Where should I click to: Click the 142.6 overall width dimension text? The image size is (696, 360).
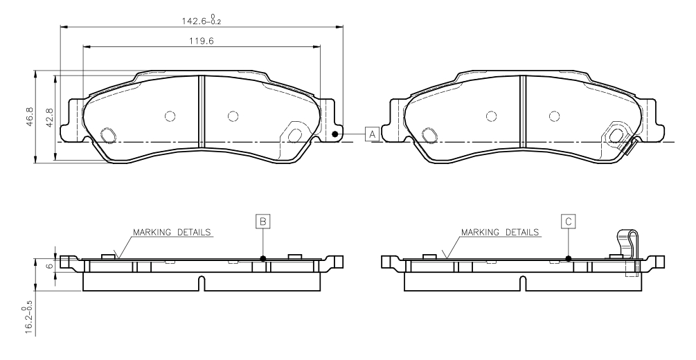203,19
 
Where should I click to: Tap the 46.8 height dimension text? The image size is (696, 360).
30,117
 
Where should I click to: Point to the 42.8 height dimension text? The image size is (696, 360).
50,117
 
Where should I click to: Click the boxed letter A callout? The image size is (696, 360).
372,134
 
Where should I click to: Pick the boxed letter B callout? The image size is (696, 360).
262,221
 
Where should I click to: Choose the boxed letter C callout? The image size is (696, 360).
569,221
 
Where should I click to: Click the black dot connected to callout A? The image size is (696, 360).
335,134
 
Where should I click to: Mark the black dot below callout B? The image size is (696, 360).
263,258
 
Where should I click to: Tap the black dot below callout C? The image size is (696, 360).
569,258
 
